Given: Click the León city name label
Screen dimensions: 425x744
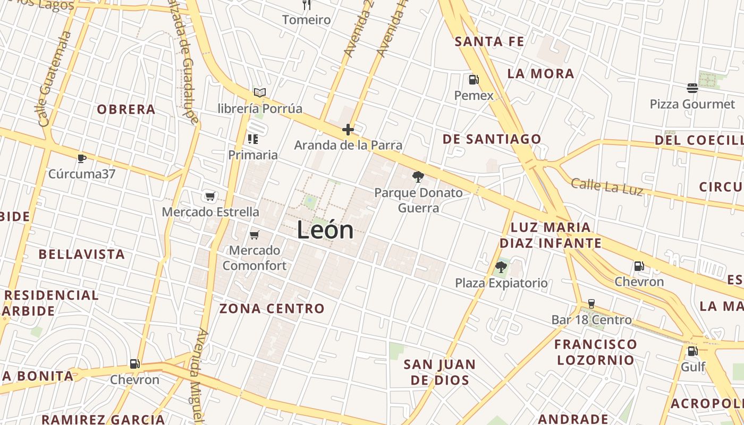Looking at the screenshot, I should click(x=325, y=230).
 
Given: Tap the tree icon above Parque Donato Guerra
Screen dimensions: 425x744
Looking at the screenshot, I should click(x=418, y=177).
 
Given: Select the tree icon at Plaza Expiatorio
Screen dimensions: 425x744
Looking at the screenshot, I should click(x=501, y=267).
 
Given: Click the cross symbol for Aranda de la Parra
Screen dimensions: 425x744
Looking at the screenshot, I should click(x=348, y=129).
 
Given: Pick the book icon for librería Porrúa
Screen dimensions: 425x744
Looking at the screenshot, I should click(x=259, y=93).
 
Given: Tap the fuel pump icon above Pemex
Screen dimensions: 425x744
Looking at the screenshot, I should click(x=474, y=80).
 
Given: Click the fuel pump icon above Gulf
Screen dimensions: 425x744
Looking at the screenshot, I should click(x=692, y=351).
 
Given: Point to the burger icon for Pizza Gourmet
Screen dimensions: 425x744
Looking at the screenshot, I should click(x=692, y=88).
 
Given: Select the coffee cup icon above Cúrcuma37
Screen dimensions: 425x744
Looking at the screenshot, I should click(x=81, y=158).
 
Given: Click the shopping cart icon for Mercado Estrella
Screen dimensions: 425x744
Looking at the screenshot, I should click(x=210, y=197).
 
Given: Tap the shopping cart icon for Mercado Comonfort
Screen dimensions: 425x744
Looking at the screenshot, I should click(x=254, y=235).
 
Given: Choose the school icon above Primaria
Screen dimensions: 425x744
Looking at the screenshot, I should click(x=253, y=139).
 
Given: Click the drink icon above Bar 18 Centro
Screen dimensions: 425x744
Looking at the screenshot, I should click(x=591, y=304).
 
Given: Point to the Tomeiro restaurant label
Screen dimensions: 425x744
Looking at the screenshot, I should click(x=306, y=20).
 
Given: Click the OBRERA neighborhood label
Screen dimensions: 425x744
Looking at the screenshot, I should click(x=126, y=109).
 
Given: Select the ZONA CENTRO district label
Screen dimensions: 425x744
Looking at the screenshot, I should click(x=272, y=309).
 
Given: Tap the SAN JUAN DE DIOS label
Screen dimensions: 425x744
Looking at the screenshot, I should click(x=439, y=372).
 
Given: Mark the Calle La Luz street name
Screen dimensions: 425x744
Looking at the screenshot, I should click(x=607, y=186).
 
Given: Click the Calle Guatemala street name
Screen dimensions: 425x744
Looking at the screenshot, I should click(x=55, y=78).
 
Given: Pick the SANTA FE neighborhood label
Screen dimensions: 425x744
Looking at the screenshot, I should click(x=489, y=41).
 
